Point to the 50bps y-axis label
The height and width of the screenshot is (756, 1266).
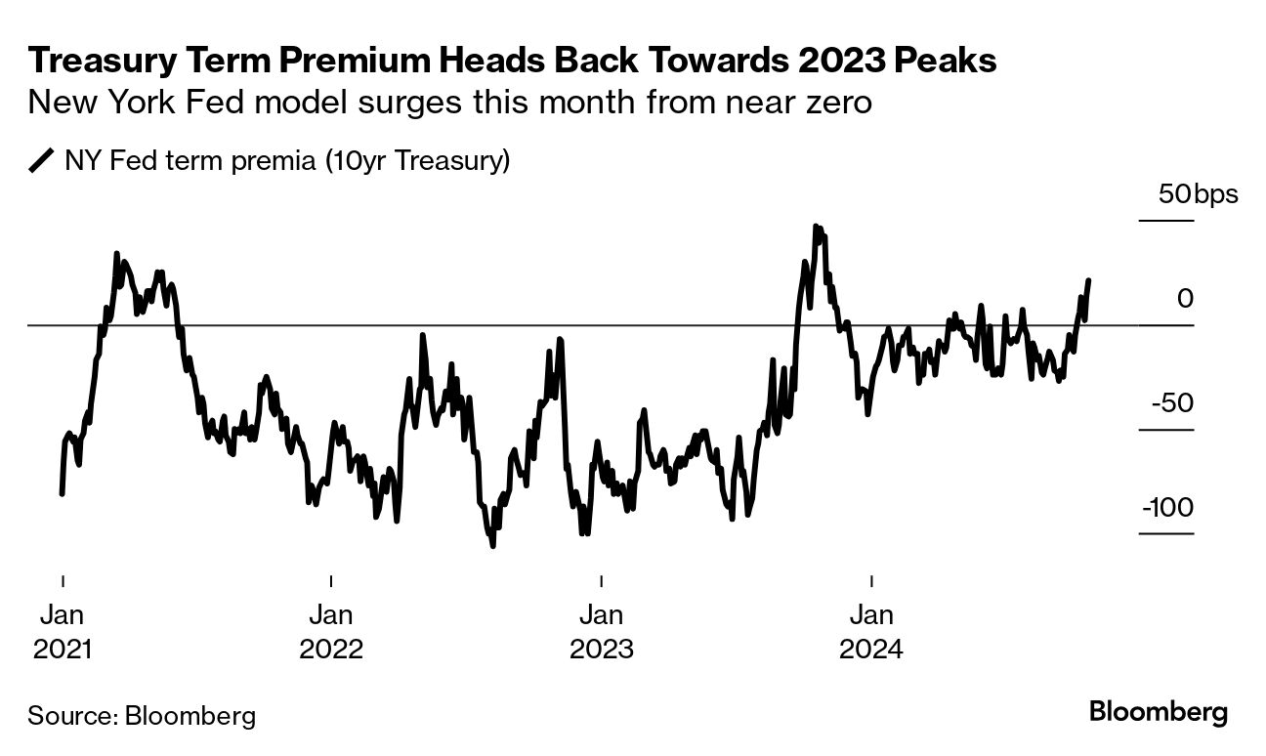tap(1198, 193)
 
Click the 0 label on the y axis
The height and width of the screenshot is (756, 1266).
tap(1185, 298)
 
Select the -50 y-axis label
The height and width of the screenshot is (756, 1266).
tap(1171, 402)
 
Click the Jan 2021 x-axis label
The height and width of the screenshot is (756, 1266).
tap(63, 632)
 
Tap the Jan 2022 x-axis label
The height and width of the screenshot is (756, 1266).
tap(332, 632)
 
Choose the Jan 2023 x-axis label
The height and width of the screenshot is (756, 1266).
tap(602, 632)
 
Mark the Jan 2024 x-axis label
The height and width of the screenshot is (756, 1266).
tap(871, 632)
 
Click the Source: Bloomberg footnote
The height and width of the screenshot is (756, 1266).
tap(142, 715)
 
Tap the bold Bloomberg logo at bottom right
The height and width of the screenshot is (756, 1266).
tap(1159, 712)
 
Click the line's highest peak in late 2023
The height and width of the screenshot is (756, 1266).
tap(815, 227)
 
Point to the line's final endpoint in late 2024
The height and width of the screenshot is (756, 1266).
tap(1088, 280)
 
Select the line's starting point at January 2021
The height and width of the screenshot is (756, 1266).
tap(63, 493)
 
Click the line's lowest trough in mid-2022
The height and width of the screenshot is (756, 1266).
tap(492, 545)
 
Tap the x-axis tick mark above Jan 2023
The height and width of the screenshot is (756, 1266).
tap(602, 580)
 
